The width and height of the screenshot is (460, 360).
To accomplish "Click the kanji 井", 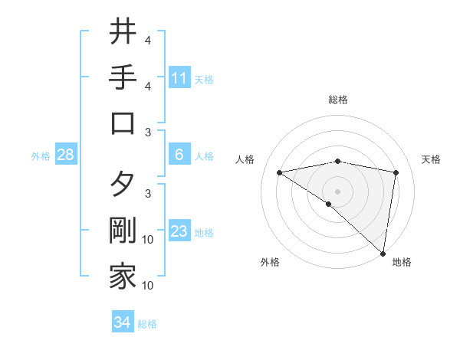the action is (123, 31).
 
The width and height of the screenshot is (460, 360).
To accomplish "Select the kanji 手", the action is (123, 77).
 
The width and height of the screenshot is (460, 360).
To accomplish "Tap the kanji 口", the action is (123, 124).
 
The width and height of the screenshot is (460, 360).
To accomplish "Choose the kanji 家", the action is (123, 277).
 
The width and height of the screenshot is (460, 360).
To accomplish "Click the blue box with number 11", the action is (179, 78).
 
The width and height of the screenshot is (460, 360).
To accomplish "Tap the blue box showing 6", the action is (179, 155).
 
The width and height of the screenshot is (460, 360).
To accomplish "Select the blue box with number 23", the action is (179, 231).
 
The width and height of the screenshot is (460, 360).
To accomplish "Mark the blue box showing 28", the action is (66, 155).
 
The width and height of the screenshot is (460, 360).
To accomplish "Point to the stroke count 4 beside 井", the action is (148, 40).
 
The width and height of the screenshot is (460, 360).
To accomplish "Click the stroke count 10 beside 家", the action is (148, 286).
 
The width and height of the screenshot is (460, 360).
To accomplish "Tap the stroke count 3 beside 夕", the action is (148, 193).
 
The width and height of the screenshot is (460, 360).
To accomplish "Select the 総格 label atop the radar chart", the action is (337, 100).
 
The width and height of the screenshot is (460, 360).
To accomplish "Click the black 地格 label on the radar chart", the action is (402, 262).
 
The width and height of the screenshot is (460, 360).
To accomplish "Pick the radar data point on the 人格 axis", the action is (279, 173).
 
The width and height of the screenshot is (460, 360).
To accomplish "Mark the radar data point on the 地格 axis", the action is (383, 253).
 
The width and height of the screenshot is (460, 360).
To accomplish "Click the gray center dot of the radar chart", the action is (337, 191).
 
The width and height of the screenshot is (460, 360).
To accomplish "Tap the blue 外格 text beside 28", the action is (41, 155).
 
